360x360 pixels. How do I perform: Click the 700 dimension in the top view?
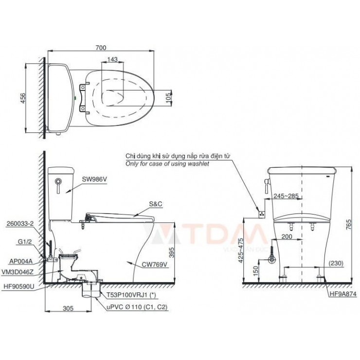pos(100,47)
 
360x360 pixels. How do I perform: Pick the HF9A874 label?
pos(342,294)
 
